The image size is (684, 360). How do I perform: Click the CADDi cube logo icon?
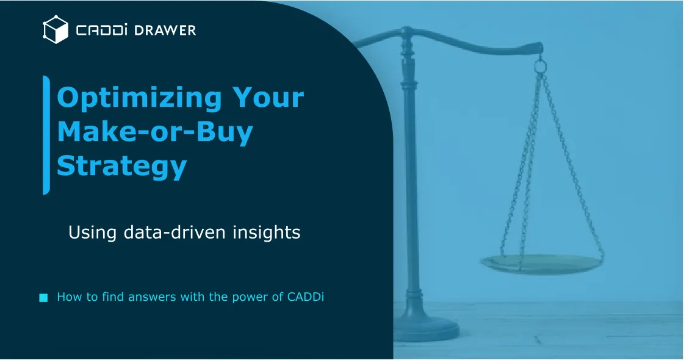pyautogui.click(x=55, y=29)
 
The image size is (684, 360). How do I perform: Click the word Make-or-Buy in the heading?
pyautogui.click(x=154, y=132)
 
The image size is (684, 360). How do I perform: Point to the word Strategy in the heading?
pyautogui.click(x=121, y=166)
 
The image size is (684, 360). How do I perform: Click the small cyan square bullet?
pyautogui.click(x=43, y=298)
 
